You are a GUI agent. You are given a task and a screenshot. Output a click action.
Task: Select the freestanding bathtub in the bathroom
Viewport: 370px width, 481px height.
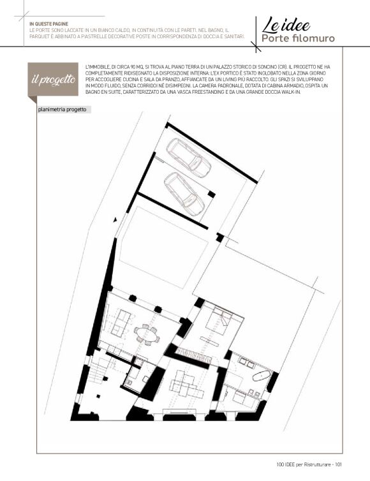[262, 376]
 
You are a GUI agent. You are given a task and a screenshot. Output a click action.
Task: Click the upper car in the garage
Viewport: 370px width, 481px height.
[188, 158]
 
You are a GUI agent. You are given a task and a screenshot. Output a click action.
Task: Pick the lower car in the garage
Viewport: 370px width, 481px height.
[184, 194]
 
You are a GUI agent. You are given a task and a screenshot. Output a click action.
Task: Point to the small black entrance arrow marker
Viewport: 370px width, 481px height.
[115, 219]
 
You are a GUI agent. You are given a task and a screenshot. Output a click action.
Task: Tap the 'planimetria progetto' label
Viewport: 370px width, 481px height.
[62, 110]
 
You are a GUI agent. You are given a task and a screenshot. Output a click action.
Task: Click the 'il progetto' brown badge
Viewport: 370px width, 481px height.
[53, 80]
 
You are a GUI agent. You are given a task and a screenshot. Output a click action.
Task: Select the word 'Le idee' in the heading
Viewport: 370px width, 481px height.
[286, 26]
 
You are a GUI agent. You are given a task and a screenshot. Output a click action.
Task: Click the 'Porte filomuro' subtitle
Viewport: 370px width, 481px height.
[298, 39]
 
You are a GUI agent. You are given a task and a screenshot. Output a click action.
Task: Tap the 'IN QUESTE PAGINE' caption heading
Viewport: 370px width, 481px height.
[48, 24]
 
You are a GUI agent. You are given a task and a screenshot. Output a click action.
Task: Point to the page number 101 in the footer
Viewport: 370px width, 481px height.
[338, 464]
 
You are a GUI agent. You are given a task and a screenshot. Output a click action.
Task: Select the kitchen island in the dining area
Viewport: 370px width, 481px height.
[121, 322]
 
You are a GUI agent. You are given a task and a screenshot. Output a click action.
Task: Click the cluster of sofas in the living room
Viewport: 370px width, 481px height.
[183, 384]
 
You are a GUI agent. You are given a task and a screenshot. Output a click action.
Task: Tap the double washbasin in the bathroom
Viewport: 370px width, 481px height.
[246, 362]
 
